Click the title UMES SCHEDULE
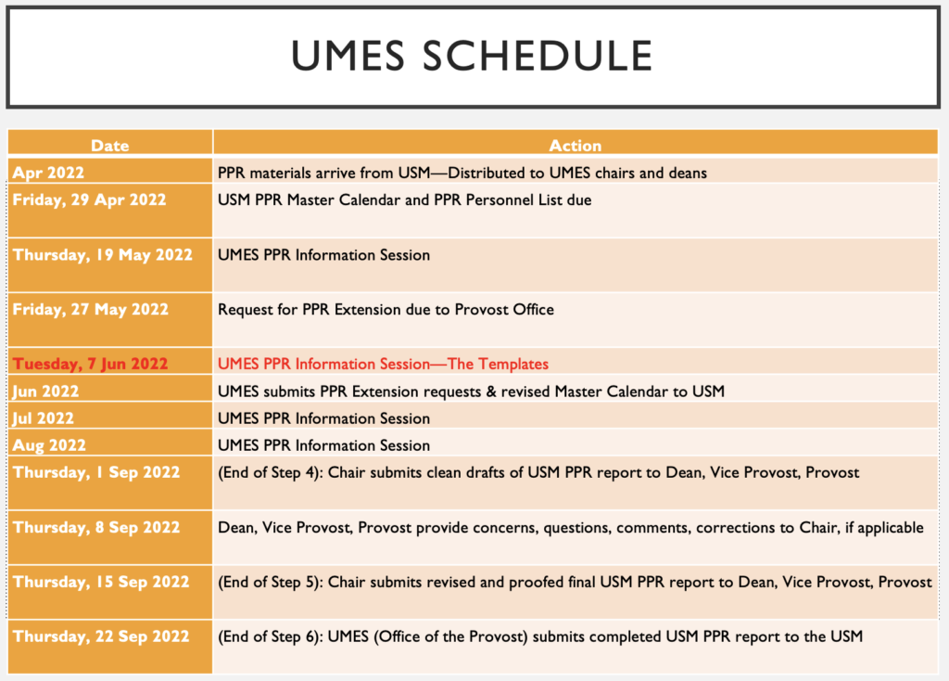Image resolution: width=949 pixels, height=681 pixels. point(472,55)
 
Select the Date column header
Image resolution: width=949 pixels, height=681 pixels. point(109,146)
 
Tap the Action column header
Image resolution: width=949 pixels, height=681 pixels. point(575,146)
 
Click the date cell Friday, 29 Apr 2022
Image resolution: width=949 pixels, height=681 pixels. point(89,199)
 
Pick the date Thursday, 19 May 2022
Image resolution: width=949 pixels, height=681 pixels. point(102,255)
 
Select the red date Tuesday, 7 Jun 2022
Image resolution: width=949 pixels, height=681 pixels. point(90,364)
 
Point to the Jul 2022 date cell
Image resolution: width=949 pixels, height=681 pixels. point(43,418)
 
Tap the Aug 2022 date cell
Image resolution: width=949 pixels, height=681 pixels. point(49,445)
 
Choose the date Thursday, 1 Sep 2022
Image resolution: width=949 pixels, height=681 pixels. point(96,472)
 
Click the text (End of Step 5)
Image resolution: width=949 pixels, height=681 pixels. point(270,583)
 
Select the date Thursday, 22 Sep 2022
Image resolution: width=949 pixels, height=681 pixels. point(101,636)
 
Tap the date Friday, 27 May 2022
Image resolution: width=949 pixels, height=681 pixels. point(90,310)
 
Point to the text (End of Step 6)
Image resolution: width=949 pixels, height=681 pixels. point(270,636)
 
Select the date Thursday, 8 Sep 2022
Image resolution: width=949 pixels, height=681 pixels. point(96,528)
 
